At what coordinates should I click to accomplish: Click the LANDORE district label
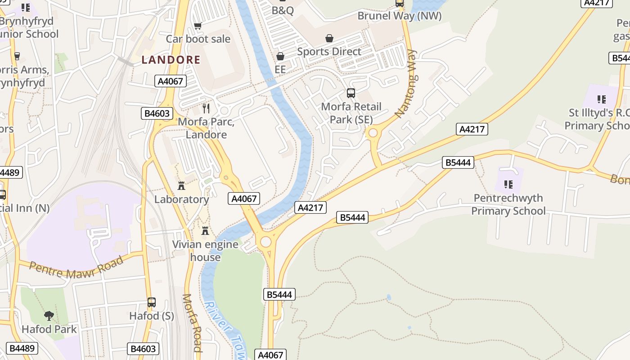(171, 60)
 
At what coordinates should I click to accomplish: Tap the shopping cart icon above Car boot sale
(198, 26)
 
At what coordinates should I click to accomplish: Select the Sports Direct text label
(329, 52)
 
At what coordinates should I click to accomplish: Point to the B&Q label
(283, 10)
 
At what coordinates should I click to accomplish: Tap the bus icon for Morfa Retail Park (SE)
(351, 93)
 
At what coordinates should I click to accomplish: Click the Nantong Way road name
(406, 84)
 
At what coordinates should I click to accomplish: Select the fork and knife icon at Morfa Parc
(206, 108)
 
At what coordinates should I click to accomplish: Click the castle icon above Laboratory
(181, 185)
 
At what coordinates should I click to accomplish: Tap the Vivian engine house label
(205, 251)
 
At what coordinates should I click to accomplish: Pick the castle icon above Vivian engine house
(205, 231)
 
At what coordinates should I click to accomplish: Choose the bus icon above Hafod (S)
(152, 302)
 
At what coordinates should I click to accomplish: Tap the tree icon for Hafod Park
(49, 315)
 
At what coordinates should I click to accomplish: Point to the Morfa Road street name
(192, 323)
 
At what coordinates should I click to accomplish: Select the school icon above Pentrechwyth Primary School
(508, 184)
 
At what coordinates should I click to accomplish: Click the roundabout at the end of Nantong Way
(372, 133)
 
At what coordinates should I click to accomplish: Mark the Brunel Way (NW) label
(399, 16)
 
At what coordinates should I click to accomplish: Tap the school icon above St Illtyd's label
(601, 99)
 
